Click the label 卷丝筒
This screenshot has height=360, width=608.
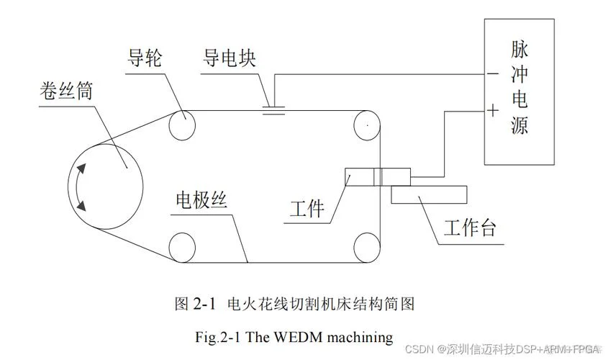click(x=66, y=91)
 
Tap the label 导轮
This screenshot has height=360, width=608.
click(x=144, y=58)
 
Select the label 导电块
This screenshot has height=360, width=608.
click(x=229, y=58)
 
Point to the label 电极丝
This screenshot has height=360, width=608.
click(x=201, y=200)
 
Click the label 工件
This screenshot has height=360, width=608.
click(x=307, y=209)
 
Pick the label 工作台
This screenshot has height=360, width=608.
click(x=470, y=227)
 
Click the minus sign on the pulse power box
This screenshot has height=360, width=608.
click(x=492, y=73)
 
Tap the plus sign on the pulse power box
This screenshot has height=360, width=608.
click(x=492, y=111)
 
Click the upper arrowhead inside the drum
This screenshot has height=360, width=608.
click(x=81, y=168)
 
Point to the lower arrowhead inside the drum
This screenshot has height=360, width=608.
click(x=81, y=206)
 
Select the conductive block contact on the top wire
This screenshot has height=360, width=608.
click(x=273, y=111)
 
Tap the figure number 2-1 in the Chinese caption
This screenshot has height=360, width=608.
click(x=204, y=303)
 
